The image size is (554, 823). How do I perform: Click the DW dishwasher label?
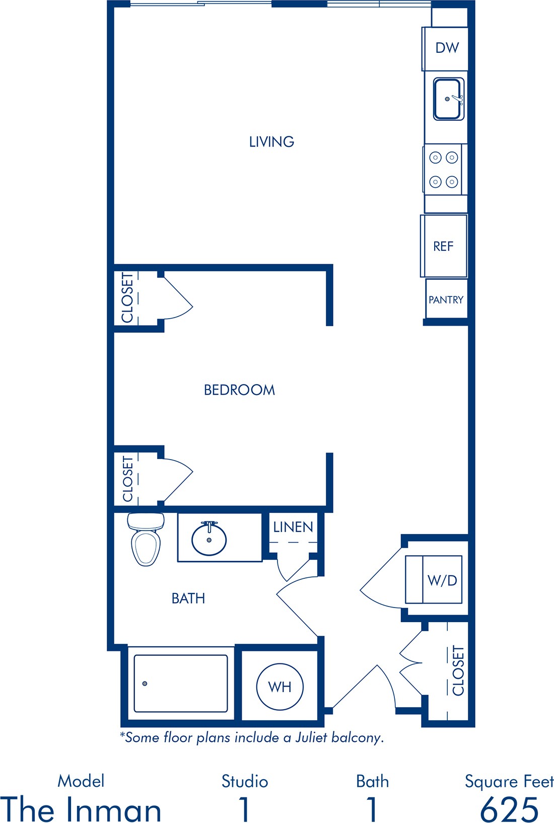pos(447,48)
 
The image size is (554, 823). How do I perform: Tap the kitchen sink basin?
pos(449,99)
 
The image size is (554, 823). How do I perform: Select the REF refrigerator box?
pos(444,246)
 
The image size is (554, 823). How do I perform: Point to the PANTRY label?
pos(446,300)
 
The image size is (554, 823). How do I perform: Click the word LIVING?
pos(271,142)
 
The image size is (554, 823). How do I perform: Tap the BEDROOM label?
pos(239,390)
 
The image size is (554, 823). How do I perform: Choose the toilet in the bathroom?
pos(146,540)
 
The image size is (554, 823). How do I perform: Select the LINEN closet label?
pos(293,527)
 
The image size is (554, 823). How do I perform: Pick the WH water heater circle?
pos(280,687)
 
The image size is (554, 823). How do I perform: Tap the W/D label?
pos(442,580)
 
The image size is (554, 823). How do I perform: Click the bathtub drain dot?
pos(145,684)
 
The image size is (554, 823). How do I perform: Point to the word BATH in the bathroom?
pos(188,598)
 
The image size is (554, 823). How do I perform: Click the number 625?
pos(509,809)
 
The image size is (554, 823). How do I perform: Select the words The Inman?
pos(81,809)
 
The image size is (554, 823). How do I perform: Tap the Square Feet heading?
pos(509,781)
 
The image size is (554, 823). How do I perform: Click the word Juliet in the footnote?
pos(311,737)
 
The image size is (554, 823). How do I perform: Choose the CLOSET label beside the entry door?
pos(458,670)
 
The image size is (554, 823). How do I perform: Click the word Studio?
pos(245,781)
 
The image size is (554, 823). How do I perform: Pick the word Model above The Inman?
pos(81,781)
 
